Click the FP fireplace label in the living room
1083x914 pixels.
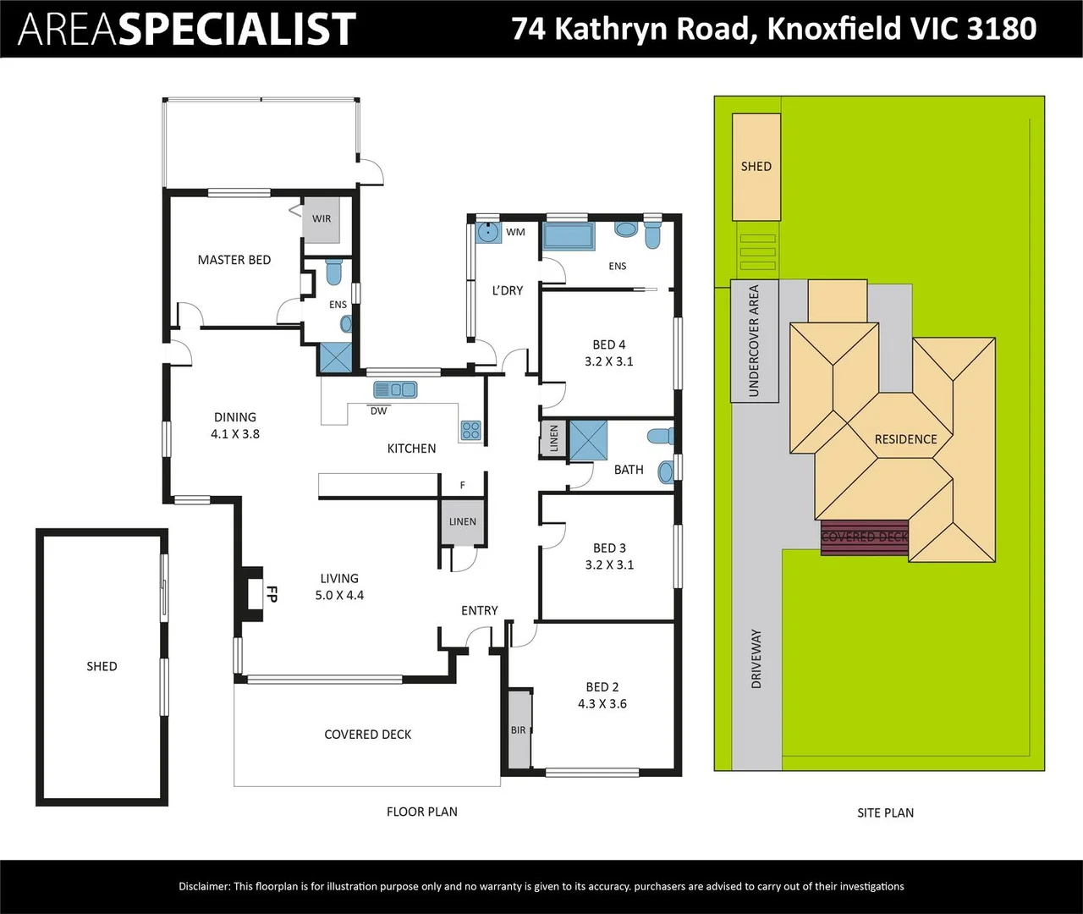[272, 594]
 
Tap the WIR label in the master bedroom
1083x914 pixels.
[321, 218]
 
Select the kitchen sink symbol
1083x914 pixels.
[395, 389]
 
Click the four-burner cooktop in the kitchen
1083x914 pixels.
[470, 431]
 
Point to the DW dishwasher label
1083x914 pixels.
[379, 410]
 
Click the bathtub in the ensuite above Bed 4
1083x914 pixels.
[568, 237]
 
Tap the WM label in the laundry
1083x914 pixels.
[515, 232]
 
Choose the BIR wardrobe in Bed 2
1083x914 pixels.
[519, 730]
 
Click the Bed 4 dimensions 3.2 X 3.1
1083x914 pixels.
[609, 361]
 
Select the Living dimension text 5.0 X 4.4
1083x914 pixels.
[339, 595]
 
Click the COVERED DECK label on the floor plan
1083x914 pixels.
[368, 735]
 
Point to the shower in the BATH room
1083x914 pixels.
[589, 440]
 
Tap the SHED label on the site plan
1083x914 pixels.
[756, 167]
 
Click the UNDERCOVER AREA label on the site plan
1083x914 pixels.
[754, 341]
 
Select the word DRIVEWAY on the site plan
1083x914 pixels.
[756, 659]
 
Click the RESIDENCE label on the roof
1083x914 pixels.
[905, 439]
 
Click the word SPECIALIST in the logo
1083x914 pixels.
[240, 29]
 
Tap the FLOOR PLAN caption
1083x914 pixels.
[422, 812]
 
